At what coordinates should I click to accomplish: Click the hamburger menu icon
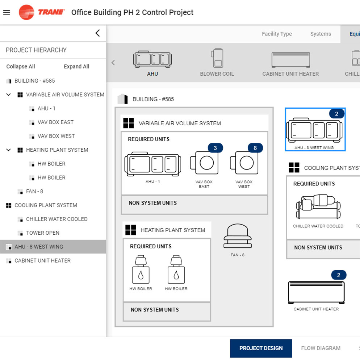7,12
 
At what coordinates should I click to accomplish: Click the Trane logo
42,12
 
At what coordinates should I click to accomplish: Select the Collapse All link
21,67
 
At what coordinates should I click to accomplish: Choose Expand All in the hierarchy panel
76,67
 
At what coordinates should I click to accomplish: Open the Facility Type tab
277,34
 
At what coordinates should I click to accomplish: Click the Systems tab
321,34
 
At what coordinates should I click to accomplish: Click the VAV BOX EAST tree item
55,122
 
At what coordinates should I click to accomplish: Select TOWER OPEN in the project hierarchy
43,233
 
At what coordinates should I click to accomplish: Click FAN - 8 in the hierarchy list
34,192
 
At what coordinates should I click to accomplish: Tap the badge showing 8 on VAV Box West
255,148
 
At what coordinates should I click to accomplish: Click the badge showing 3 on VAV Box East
215,148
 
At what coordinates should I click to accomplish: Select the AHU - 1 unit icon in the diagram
152,165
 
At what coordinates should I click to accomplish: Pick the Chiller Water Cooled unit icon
318,207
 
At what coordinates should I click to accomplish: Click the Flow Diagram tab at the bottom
321,348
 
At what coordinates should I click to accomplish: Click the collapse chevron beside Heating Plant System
9,150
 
